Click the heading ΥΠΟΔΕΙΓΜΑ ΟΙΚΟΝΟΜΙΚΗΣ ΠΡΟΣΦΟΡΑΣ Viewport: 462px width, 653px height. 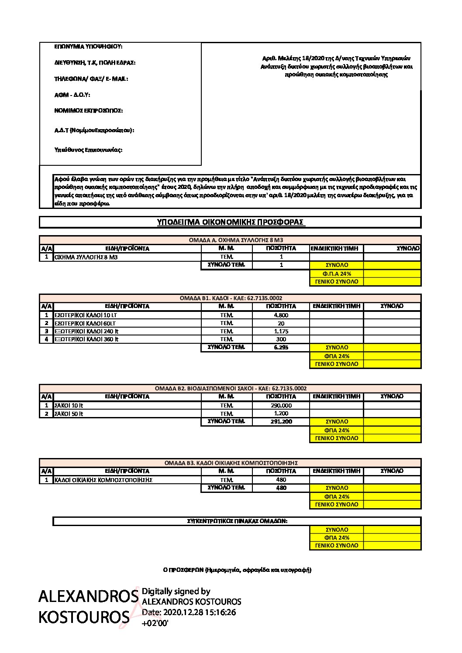point(230,222)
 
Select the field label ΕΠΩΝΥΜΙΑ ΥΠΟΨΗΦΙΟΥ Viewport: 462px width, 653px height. point(88,46)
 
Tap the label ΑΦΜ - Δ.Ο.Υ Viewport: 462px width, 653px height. point(72,95)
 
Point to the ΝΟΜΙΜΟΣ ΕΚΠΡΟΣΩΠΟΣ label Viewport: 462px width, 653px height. point(88,111)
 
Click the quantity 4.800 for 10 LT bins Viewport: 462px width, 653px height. point(281,315)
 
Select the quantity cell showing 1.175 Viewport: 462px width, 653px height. point(281,331)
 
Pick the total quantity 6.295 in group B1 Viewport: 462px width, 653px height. point(281,348)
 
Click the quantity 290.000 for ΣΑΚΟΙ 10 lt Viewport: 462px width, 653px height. point(281,405)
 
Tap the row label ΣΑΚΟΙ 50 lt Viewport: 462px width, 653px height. point(69,414)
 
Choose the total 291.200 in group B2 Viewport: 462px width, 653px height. point(281,422)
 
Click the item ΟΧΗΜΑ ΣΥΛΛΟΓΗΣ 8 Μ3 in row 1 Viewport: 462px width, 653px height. point(86,257)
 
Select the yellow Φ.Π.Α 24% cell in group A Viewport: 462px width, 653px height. point(337,274)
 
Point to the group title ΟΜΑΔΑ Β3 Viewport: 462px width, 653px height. point(231,463)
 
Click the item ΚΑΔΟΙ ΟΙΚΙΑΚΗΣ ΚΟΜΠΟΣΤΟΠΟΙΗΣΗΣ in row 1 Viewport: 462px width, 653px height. point(103,480)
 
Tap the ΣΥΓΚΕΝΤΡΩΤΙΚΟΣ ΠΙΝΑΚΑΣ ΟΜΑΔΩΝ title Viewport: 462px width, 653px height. point(237,521)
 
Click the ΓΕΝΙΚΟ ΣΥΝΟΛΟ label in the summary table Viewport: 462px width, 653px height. point(337,546)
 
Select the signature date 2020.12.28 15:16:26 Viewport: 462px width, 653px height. point(189,612)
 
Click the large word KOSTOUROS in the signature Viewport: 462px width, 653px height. point(84,617)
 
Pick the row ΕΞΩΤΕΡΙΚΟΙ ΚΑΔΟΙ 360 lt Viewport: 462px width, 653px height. point(86,339)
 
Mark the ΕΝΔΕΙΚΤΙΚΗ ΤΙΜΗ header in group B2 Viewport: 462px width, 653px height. point(337,397)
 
